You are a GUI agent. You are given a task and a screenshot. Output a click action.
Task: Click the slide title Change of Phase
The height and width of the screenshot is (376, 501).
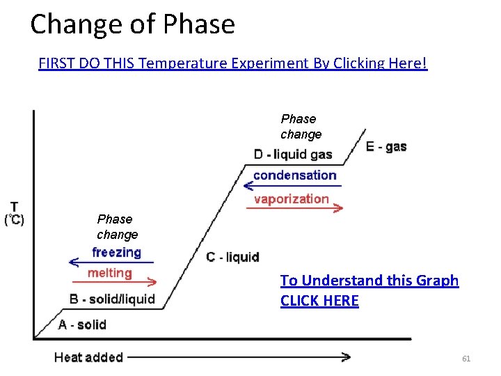click(x=132, y=24)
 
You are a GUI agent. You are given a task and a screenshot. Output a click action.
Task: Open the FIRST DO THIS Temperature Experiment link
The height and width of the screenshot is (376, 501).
click(x=232, y=63)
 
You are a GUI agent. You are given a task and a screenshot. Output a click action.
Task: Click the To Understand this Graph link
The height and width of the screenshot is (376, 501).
click(x=369, y=290)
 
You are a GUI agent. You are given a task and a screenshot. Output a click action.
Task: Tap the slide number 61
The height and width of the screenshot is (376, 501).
click(x=466, y=359)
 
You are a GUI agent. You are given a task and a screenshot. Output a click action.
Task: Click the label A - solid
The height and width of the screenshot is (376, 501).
click(x=82, y=324)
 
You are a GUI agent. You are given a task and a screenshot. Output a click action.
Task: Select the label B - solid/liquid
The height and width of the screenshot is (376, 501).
click(x=112, y=299)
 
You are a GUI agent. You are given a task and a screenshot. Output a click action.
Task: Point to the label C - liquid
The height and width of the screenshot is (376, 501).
click(x=232, y=258)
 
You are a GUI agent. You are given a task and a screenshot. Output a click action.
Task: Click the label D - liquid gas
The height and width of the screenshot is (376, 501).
click(x=293, y=154)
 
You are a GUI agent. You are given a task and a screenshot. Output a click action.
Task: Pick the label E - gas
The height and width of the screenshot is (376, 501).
click(x=386, y=146)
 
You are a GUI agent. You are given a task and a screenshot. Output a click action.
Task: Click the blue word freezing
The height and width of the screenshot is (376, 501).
click(x=116, y=252)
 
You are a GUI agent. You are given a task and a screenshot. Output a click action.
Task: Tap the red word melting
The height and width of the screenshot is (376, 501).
click(x=110, y=273)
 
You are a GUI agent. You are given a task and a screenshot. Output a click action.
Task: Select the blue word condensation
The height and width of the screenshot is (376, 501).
click(x=294, y=175)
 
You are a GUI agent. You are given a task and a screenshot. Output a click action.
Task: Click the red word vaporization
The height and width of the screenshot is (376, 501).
click(x=291, y=198)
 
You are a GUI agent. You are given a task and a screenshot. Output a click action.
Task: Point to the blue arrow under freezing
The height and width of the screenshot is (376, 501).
click(x=111, y=263)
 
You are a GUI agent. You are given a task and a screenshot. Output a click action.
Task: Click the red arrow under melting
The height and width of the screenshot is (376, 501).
click(x=113, y=283)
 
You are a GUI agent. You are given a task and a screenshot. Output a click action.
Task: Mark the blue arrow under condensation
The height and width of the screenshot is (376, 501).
click(x=292, y=185)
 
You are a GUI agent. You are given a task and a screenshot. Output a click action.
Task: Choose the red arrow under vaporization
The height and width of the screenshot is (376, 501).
click(x=294, y=207)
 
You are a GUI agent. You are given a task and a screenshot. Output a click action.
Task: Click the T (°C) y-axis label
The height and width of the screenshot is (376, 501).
click(x=14, y=214)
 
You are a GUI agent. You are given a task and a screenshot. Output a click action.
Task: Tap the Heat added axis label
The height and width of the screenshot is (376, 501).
click(x=88, y=357)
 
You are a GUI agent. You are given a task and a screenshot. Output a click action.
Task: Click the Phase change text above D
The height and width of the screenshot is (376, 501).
click(x=301, y=127)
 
